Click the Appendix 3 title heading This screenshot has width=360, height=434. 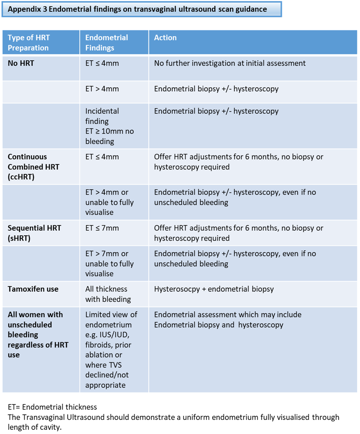(x=137, y=9)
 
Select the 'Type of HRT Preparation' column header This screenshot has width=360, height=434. (x=28, y=43)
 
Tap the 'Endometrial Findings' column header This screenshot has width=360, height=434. (x=107, y=43)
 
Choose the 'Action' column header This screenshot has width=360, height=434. (x=165, y=38)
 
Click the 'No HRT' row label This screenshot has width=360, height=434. (x=21, y=63)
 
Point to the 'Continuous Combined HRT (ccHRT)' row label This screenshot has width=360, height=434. (x=34, y=167)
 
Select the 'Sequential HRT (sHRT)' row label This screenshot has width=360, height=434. (x=34, y=233)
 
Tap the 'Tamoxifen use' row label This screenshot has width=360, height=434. (x=33, y=289)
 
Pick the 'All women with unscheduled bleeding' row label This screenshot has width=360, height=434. (x=38, y=335)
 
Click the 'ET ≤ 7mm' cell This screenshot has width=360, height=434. (x=102, y=228)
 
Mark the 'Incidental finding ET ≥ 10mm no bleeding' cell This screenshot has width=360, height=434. (x=110, y=126)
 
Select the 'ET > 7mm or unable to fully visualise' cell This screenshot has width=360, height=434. (x=109, y=263)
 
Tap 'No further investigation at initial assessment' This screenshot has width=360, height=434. (x=230, y=63)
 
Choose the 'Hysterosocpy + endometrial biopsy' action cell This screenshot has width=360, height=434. (x=214, y=289)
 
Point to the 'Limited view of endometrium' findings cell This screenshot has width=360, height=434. (x=111, y=349)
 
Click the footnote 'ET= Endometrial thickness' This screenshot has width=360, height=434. (x=52, y=407)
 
